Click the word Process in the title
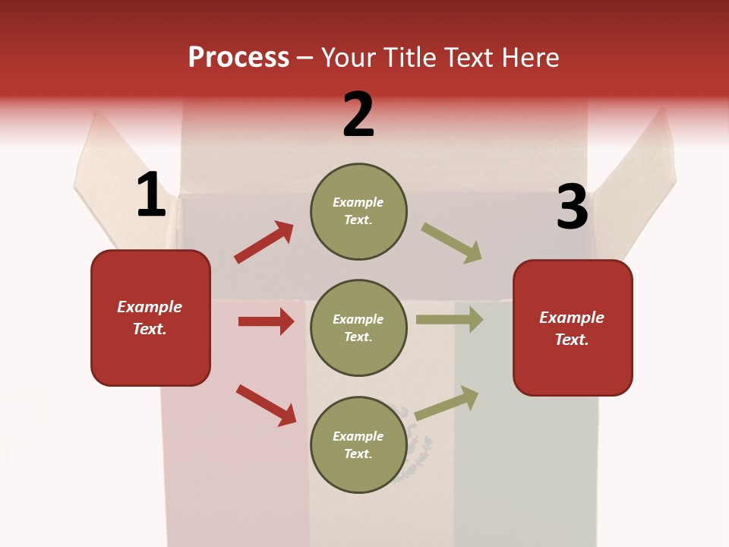tap(238, 58)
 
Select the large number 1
tap(151, 195)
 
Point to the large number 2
tap(358, 115)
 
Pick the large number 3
tap(572, 207)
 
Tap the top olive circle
tap(358, 211)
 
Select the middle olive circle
tap(358, 328)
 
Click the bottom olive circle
tap(358, 445)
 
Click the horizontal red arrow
tap(266, 321)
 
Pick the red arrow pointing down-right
tap(267, 405)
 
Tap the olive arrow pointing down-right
tap(452, 243)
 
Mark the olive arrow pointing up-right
tap(447, 403)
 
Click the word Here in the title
tap(529, 58)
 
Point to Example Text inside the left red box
tap(150, 318)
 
